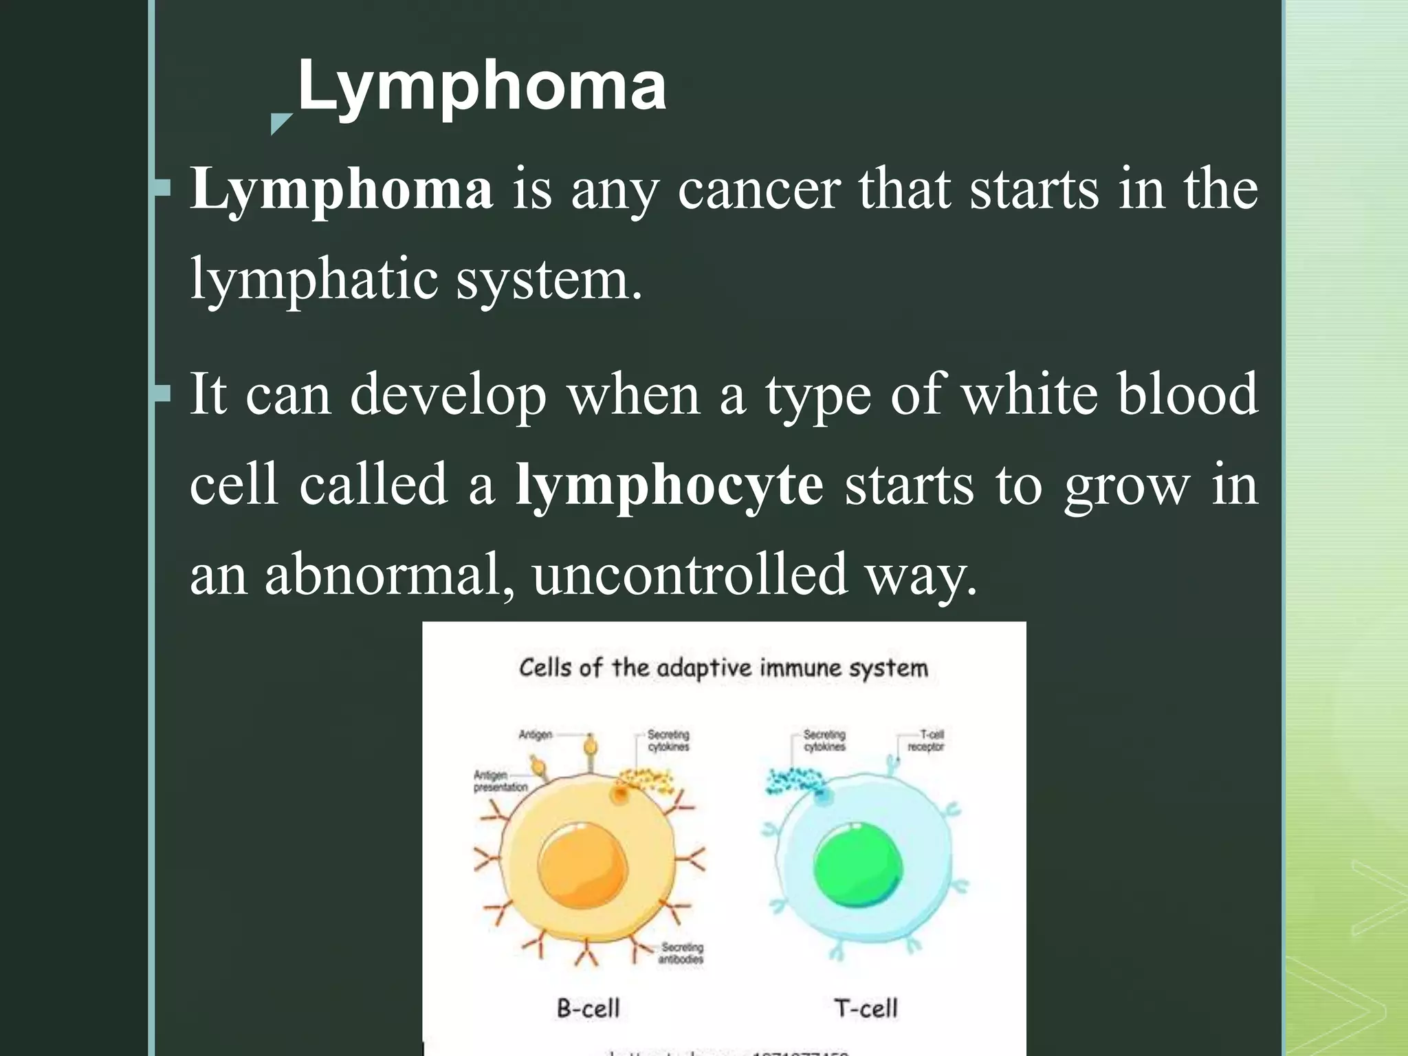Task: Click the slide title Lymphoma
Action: click(481, 85)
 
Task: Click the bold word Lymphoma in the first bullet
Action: click(342, 188)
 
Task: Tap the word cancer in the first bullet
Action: click(759, 190)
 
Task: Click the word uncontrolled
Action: click(690, 575)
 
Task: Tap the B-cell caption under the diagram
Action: click(588, 1009)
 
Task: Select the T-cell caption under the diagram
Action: click(866, 1009)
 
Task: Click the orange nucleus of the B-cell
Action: click(583, 865)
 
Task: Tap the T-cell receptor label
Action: click(926, 740)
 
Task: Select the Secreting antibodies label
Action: click(681, 953)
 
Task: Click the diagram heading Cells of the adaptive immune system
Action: click(723, 668)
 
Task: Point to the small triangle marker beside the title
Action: click(280, 123)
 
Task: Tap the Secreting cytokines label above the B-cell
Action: click(668, 740)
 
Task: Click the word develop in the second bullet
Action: click(448, 395)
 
